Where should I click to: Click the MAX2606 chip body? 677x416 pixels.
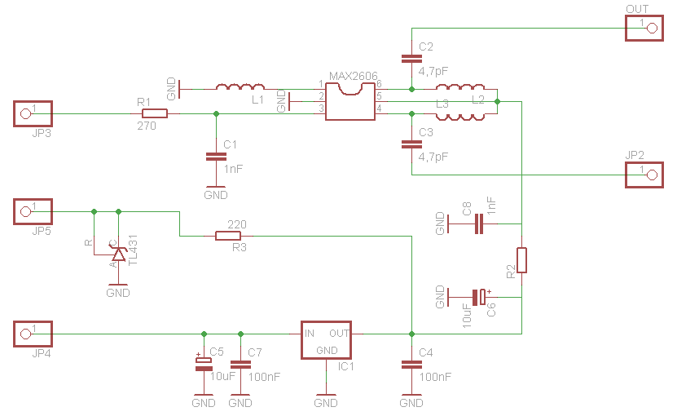point(350,101)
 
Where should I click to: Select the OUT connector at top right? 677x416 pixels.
point(645,29)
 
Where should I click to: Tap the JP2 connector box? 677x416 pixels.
point(645,174)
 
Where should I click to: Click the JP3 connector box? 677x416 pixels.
point(33,113)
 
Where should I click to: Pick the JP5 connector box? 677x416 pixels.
point(33,211)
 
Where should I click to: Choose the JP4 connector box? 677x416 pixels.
point(33,333)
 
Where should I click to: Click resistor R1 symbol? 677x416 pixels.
point(152,113)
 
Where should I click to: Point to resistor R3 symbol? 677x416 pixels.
point(228,236)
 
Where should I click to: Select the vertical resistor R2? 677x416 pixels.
point(521,260)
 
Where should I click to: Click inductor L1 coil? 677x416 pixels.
point(240,86)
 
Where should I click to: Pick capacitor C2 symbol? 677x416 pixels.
point(411,58)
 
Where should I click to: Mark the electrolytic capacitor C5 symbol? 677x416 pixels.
point(203,363)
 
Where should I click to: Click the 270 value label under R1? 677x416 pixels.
point(147,126)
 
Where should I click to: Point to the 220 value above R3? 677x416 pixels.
point(237,223)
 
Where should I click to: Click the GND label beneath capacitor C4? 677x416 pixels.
point(411,403)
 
